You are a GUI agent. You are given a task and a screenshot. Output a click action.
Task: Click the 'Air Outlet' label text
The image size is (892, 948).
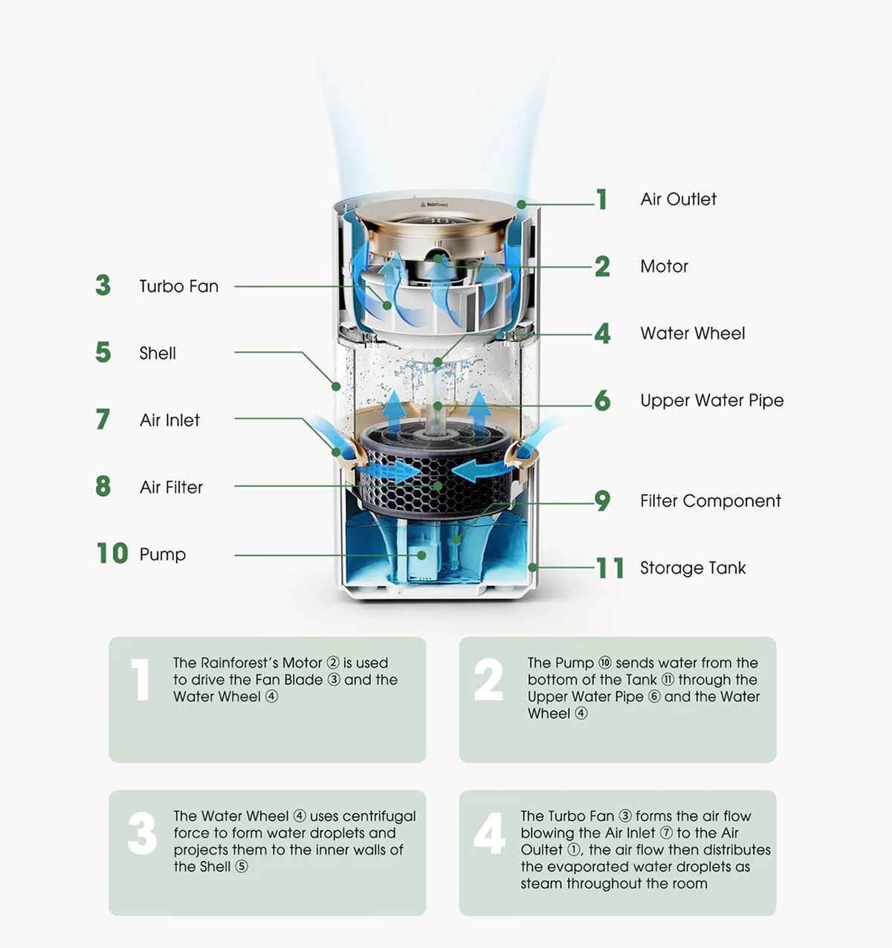pos(678,199)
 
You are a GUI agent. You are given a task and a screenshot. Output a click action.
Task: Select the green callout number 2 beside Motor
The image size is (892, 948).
pos(602,266)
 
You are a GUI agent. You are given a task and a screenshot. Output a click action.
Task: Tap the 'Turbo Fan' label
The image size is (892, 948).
pos(178,286)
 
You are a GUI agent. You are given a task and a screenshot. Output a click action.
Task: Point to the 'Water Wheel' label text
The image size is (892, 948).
pos(692,333)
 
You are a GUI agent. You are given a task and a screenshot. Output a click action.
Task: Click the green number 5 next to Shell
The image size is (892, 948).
pos(103,352)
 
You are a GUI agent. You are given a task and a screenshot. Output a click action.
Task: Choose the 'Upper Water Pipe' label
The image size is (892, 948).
pos(711,400)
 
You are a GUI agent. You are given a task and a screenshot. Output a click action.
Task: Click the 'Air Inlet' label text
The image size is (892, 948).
pos(169,420)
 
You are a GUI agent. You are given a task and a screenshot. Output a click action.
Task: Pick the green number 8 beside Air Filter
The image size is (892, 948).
pos(103,486)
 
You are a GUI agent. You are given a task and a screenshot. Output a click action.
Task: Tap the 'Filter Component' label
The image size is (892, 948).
pos(710,501)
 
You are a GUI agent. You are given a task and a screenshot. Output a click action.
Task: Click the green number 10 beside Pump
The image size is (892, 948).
pos(112,553)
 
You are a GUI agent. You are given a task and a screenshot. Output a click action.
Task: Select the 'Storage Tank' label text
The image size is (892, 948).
pos(692,568)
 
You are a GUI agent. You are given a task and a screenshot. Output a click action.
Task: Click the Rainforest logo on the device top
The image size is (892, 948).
pos(434,204)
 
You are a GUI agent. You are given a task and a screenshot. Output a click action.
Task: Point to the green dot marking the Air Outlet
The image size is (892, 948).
pos(522,204)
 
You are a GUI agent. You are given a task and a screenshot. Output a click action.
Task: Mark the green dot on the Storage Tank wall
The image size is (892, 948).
pos(532,567)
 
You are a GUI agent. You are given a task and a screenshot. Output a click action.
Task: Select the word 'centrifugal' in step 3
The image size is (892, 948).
pos(379,816)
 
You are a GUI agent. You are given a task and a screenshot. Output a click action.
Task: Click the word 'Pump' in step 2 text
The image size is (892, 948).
pos(577,662)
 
